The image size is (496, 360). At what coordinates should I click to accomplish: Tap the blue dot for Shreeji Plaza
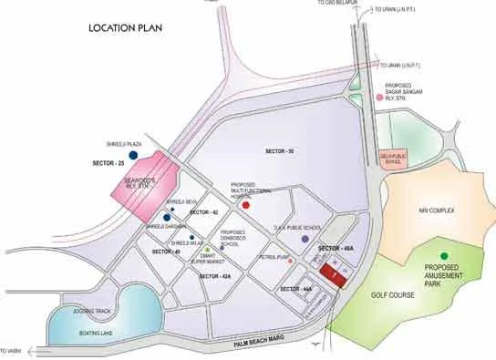133,156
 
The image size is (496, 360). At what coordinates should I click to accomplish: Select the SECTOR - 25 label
108,163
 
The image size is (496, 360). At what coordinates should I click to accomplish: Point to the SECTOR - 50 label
279,149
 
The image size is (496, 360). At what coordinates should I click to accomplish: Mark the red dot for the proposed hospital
244,206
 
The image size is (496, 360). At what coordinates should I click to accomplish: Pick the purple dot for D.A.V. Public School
305,239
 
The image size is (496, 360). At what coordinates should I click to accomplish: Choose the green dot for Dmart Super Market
208,250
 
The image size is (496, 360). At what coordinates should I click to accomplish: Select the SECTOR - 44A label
296,289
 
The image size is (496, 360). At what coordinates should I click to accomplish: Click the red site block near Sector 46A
332,274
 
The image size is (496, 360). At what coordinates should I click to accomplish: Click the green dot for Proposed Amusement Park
444,256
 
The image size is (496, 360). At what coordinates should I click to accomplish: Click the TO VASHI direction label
11,351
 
